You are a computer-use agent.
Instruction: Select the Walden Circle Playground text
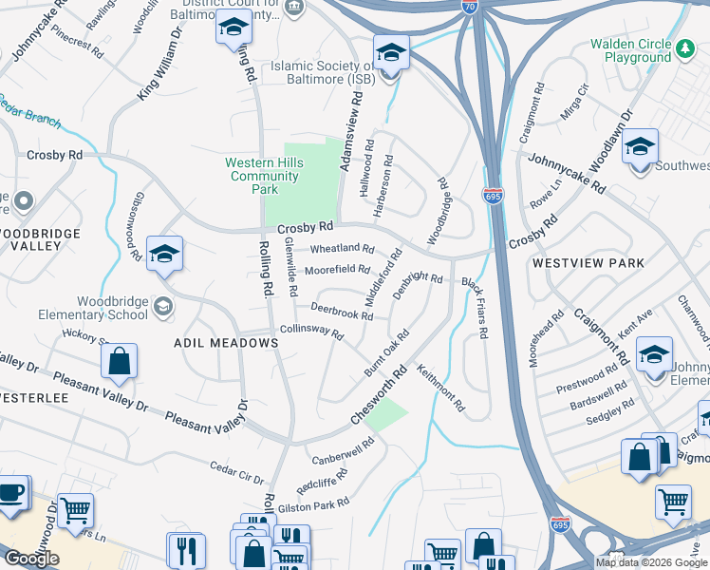(630, 50)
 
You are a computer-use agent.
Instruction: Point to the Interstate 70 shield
(472, 7)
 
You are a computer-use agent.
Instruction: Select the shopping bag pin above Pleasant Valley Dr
(119, 362)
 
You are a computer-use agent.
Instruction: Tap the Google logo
(31, 559)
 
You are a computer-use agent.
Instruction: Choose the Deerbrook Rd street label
(328, 313)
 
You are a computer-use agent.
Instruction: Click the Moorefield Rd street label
(336, 271)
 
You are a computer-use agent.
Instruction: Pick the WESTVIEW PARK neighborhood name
(588, 263)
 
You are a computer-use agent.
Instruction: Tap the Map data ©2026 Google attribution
(650, 562)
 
